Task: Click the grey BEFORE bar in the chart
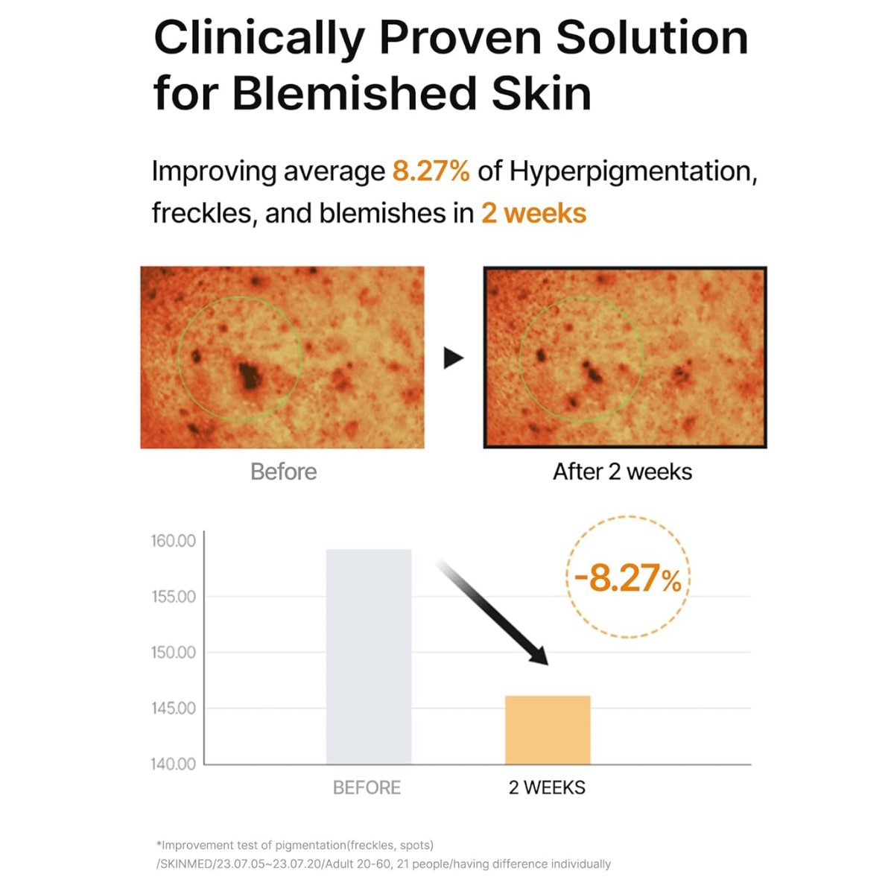(369, 656)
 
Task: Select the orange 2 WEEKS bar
(548, 730)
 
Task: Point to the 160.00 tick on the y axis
(174, 541)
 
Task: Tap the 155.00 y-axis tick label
(174, 597)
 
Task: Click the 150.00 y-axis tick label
(174, 653)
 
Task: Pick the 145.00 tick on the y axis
(174, 708)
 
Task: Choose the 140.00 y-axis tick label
(174, 764)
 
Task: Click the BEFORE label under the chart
(367, 787)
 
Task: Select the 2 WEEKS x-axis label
(547, 787)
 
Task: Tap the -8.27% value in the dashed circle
(628, 578)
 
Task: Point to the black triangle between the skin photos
(453, 358)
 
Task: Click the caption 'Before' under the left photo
(283, 472)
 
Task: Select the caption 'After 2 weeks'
(622, 472)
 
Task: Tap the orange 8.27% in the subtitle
(431, 171)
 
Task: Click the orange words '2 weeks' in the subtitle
(533, 214)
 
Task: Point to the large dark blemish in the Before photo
(249, 375)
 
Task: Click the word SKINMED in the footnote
(186, 864)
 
